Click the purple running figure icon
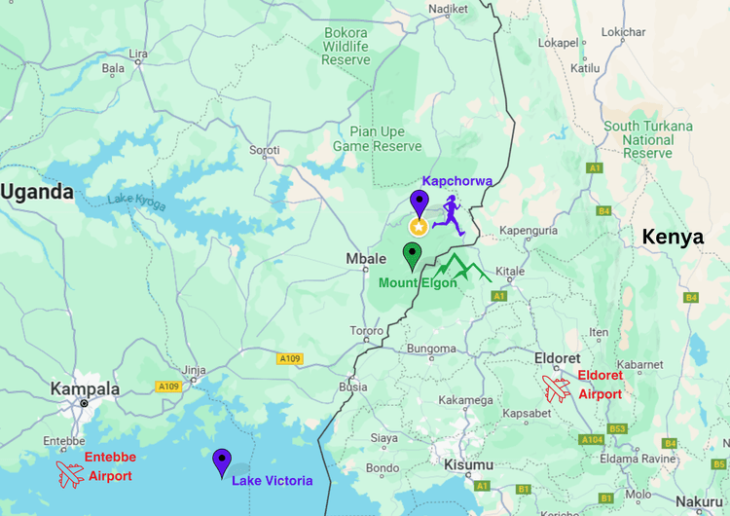[x=449, y=214]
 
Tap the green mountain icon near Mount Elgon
[x=463, y=267]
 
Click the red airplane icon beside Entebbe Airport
[x=70, y=474]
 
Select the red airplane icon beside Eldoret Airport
[x=557, y=387]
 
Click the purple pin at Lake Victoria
[x=222, y=461]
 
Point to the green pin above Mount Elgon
[x=412, y=256]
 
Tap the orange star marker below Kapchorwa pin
[x=418, y=227]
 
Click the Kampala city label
[x=86, y=388]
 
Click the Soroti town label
[x=265, y=150]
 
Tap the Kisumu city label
[x=468, y=464]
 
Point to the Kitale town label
[x=510, y=272]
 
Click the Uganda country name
[x=37, y=192]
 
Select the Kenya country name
[x=673, y=237]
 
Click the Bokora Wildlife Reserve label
[x=347, y=46]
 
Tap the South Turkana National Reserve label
[x=648, y=139]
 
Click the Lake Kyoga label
[x=136, y=202]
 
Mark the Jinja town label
[x=195, y=370]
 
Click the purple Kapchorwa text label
[x=456, y=181]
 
